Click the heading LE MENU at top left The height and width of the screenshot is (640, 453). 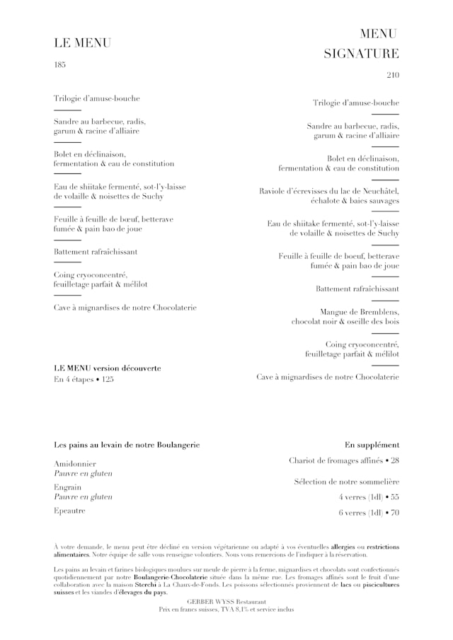[x=82, y=43]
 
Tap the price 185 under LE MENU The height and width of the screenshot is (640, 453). [x=59, y=65]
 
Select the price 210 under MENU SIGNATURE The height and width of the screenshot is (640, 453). [x=393, y=75]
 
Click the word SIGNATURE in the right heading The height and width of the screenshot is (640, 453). [x=361, y=54]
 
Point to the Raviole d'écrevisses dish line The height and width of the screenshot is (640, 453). [x=329, y=191]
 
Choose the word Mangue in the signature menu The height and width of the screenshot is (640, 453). [x=334, y=312]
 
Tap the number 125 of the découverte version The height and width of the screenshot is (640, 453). [x=107, y=380]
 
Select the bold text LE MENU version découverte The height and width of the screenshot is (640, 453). [x=108, y=368]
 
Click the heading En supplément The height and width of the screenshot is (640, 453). [x=372, y=445]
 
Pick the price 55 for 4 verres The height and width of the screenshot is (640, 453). [x=394, y=497]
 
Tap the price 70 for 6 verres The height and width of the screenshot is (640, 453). [x=394, y=513]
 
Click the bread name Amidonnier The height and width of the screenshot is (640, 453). [x=74, y=462]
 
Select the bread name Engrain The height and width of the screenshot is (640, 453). [x=68, y=487]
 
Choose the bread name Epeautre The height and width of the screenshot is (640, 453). [x=69, y=511]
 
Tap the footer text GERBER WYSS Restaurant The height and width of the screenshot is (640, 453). [x=226, y=601]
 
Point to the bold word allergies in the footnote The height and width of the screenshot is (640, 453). [x=343, y=547]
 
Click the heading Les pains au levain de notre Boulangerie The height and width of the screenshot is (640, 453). [x=127, y=445]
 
